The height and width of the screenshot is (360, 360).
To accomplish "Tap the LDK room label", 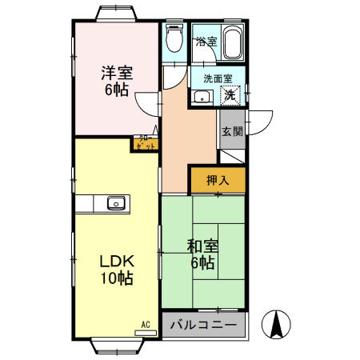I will [x=116, y=262].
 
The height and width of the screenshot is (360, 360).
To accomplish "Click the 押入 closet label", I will [x=218, y=181].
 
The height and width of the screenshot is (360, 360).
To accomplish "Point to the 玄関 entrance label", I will [x=232, y=132].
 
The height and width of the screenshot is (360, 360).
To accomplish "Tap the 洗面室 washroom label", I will [x=218, y=78].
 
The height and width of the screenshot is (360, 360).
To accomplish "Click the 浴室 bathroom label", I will [x=206, y=42].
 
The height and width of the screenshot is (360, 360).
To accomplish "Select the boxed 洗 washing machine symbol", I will [x=230, y=96].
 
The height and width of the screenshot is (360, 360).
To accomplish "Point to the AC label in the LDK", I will [x=146, y=323].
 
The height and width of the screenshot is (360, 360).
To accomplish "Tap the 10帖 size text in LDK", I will [x=116, y=279].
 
